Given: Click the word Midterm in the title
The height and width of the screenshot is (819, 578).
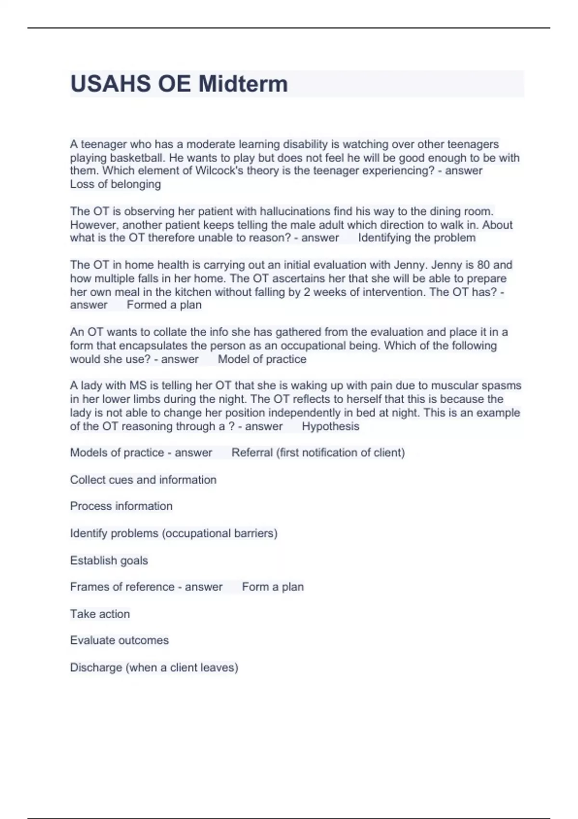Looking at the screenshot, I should tap(243, 84).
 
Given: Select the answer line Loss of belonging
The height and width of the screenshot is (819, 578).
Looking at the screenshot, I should tap(116, 184).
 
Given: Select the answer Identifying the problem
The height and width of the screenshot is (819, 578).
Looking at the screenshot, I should tap(417, 238).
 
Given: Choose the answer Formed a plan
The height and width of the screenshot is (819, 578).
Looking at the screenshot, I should tap(164, 304).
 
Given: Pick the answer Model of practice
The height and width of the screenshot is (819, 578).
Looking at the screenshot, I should tap(262, 359).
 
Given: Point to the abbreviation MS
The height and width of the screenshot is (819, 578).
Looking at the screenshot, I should tap(134, 385).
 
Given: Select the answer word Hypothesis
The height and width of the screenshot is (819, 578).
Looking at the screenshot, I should tap(330, 426).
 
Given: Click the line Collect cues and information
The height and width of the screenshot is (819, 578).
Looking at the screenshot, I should tap(143, 479).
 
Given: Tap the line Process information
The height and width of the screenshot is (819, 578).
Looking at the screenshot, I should tap(121, 506).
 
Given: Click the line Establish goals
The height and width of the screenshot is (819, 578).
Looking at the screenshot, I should tap(109, 560).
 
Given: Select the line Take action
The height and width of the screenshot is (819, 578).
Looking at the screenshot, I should tap(100, 614).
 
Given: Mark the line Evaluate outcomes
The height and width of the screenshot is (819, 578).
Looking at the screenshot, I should tap(119, 640).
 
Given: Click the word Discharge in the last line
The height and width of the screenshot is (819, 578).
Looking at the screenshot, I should tap(96, 667).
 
